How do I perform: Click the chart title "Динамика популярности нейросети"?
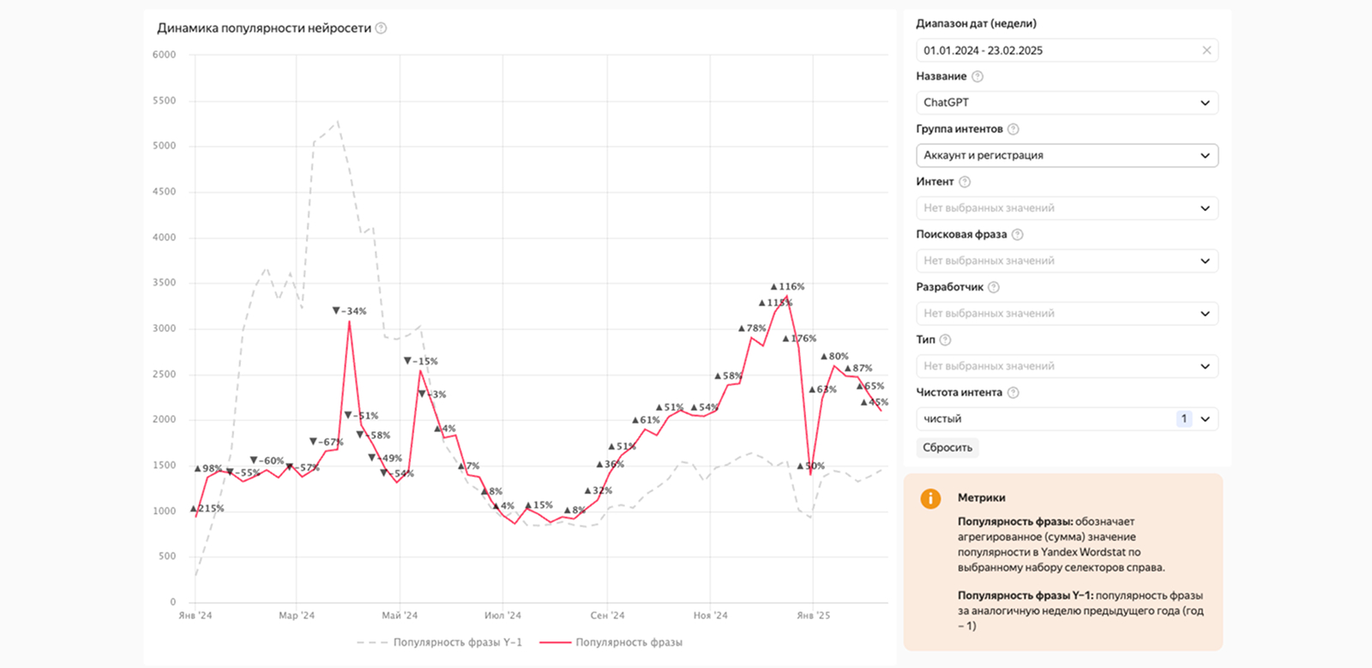coord(264,28)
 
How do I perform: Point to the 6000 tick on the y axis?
coord(164,55)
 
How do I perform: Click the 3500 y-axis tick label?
coord(164,282)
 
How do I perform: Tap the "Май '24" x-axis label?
coord(400,616)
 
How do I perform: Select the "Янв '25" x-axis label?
coord(813,616)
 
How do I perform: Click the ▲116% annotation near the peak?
coord(788,286)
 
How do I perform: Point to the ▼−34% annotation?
coord(350,311)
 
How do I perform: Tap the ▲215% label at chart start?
coord(207,509)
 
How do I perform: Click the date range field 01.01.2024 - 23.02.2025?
coord(1055,51)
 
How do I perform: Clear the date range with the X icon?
coord(1207,51)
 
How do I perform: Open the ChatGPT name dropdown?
coord(1067,103)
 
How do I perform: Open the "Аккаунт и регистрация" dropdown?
coord(1067,155)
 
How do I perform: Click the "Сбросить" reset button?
coord(948,448)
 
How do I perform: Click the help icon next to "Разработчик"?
coord(994,287)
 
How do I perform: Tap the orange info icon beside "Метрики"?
coord(930,498)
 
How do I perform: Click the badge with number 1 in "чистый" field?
coord(1184,418)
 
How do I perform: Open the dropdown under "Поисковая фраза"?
coord(1067,261)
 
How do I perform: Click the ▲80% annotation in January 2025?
coord(835,356)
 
